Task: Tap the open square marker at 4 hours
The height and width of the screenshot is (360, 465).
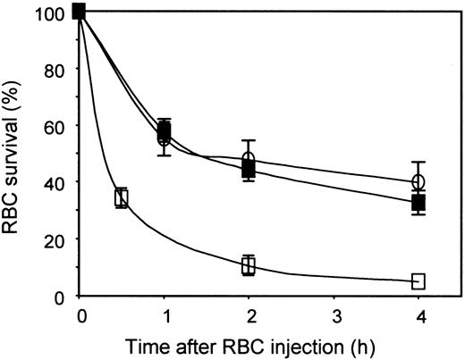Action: [418, 281]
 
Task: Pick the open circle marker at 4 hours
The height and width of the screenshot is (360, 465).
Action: [418, 182]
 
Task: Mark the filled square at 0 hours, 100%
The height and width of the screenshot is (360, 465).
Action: [80, 11]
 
